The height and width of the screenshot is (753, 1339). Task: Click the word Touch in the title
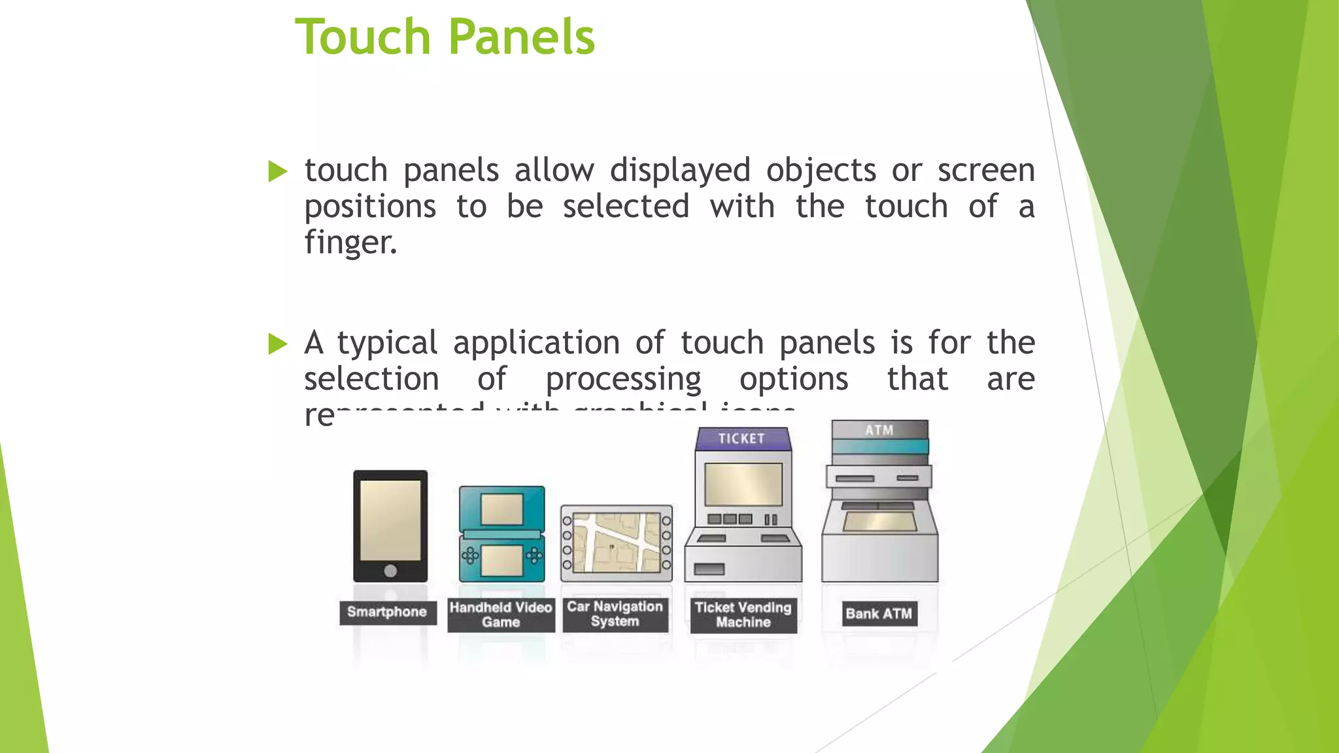pos(362,37)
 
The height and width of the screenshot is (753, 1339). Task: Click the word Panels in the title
pos(521,37)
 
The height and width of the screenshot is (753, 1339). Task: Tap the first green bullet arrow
pos(278,172)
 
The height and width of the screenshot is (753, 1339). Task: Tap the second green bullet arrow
pos(278,344)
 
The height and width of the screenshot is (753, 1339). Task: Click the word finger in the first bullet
pos(350,243)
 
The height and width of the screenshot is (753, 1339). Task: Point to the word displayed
pos(680,171)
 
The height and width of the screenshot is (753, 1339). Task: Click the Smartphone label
pos(387,612)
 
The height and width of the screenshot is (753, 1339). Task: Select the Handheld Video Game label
pos(501,615)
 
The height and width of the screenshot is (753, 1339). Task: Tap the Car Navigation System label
pos(615,614)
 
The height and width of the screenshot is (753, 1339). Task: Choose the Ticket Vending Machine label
pos(743,615)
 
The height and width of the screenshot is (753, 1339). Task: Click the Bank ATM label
pos(879,614)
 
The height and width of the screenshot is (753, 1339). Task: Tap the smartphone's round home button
pos(390,571)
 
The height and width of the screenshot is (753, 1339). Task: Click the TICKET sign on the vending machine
pos(742,439)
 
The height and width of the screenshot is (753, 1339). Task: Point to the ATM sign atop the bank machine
pos(879,430)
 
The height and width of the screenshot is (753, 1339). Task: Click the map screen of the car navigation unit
pos(617,543)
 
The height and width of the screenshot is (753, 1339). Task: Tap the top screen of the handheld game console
pos(501,509)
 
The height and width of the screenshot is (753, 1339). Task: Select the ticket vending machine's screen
pos(743,485)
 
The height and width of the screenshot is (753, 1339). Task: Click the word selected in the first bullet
pos(626,207)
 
